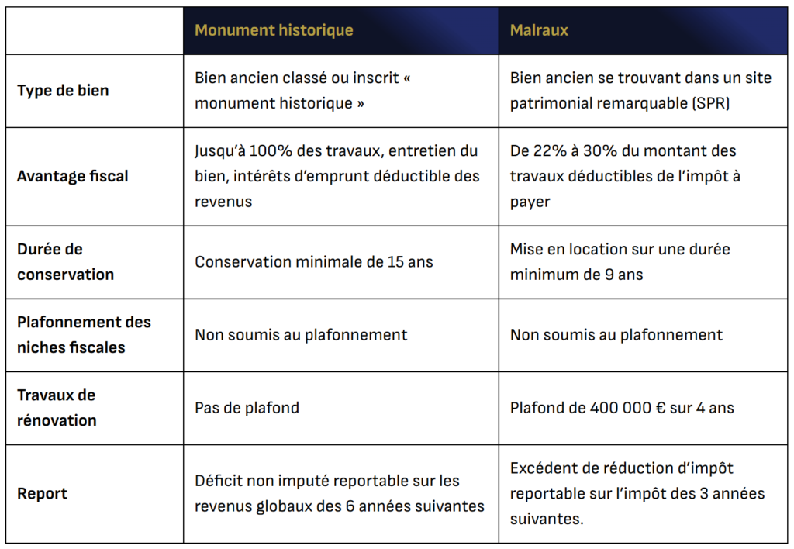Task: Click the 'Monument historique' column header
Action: tap(274, 31)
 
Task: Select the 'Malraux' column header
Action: tap(539, 31)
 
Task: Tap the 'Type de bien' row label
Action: tap(63, 91)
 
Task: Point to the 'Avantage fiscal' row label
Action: tap(73, 176)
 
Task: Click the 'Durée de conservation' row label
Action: tap(65, 262)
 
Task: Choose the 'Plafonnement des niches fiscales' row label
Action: tap(84, 335)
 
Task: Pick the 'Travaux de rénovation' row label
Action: tap(57, 408)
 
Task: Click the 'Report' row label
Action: tap(42, 494)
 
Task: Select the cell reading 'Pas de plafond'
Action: tap(247, 408)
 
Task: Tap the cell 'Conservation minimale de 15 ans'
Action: tap(313, 262)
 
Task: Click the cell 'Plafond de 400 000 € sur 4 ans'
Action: tap(622, 408)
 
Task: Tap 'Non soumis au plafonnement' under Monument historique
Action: tap(301, 335)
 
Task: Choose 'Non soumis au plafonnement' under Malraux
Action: tap(616, 335)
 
